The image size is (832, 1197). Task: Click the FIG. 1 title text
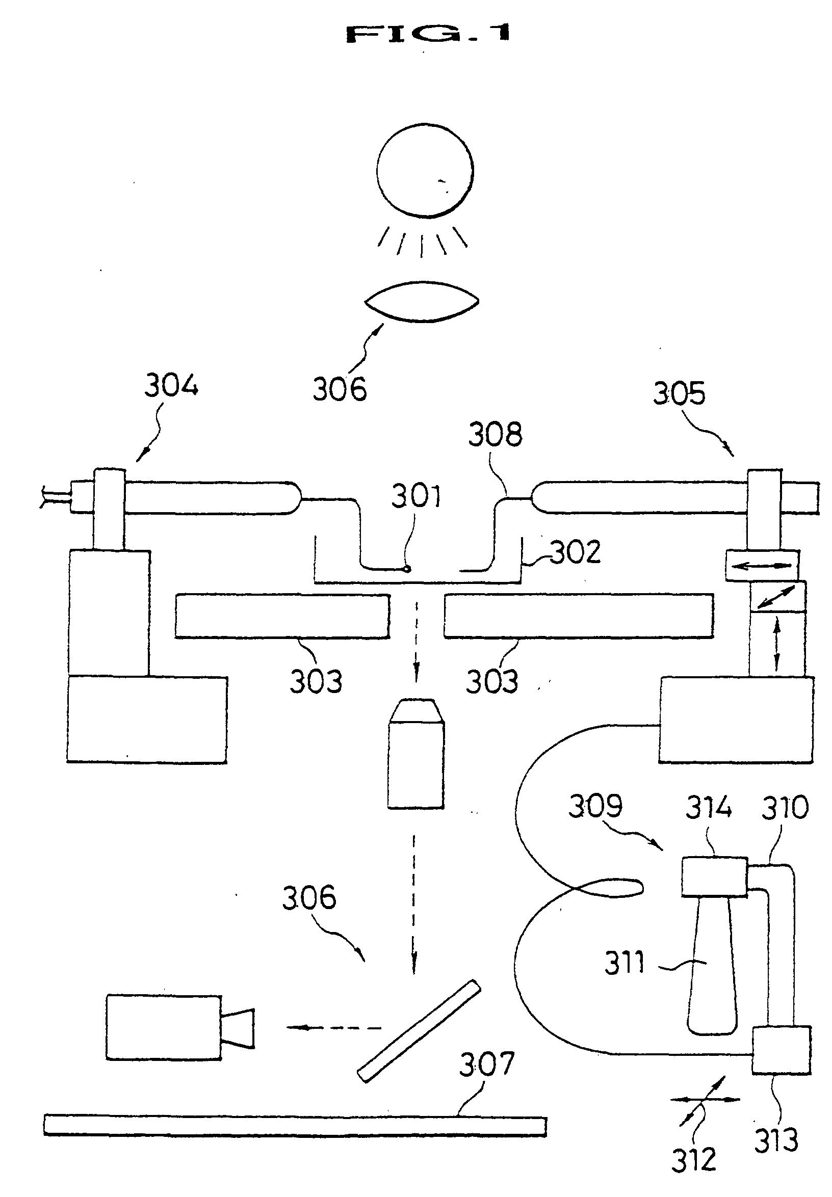click(x=427, y=34)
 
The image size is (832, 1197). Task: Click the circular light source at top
click(x=424, y=170)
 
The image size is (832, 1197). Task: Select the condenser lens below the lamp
click(x=421, y=302)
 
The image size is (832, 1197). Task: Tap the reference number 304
click(x=171, y=386)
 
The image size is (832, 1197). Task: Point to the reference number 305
click(x=679, y=394)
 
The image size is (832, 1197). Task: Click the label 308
click(x=495, y=435)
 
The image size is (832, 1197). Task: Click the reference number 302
click(x=576, y=553)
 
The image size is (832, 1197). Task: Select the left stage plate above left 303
click(x=282, y=616)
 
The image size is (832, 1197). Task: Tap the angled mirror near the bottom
click(x=419, y=1031)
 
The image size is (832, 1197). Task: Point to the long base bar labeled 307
click(x=295, y=1126)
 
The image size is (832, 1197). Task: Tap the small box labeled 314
click(x=714, y=876)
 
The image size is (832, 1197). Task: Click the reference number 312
click(x=693, y=1160)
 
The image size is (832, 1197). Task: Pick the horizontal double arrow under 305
click(x=762, y=566)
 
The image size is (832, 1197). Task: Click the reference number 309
click(x=595, y=806)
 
